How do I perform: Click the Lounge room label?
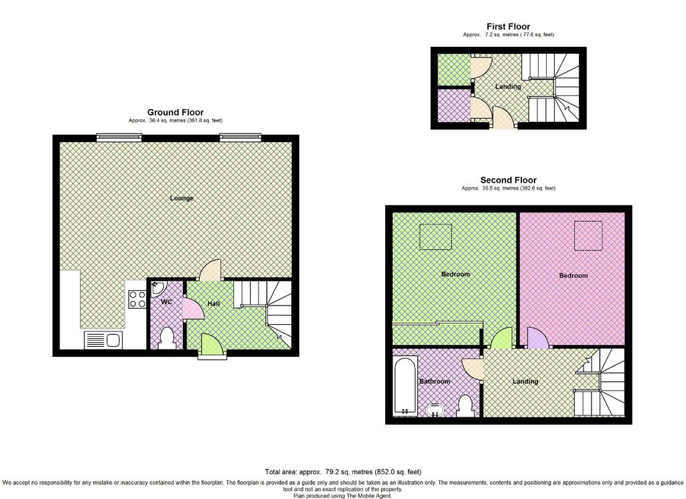182,198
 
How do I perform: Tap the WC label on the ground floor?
166,302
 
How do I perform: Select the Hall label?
213,304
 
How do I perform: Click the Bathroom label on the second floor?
435,382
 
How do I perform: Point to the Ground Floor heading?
176,113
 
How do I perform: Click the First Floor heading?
508,27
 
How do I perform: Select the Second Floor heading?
508,180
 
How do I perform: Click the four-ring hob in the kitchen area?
137,299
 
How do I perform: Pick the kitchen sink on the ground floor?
102,341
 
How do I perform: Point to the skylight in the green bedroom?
435,236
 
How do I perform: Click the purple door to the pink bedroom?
537,338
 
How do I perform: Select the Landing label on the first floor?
508,87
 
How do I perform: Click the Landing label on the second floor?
525,382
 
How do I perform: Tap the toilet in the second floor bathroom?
465,405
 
